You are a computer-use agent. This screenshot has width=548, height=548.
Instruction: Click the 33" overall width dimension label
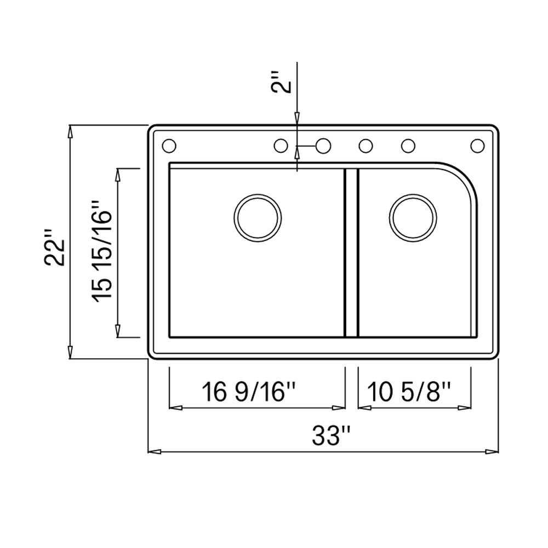tap(331, 436)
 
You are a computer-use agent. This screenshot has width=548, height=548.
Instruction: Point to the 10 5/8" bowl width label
tap(409, 392)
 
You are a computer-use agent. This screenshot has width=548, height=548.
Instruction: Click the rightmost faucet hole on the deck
tap(477, 146)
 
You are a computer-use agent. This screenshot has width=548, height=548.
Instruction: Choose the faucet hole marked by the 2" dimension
tap(323, 146)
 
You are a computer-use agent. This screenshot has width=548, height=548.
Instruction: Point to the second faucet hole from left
tap(280, 146)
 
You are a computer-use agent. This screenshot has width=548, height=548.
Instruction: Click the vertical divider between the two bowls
tap(351, 252)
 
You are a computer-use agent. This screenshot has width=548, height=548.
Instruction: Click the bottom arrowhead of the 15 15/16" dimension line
tap(118, 330)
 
